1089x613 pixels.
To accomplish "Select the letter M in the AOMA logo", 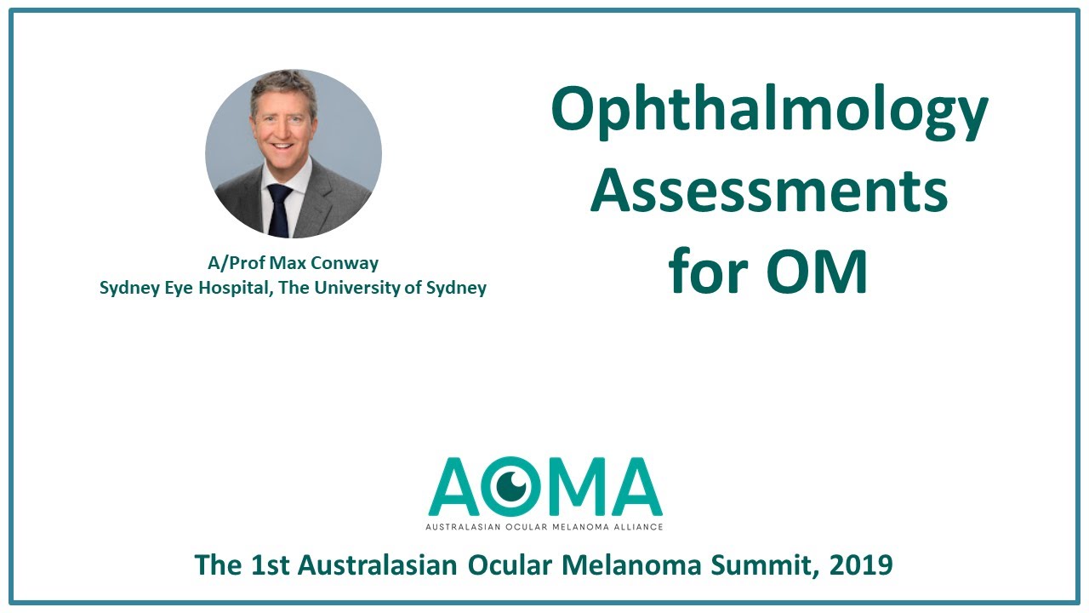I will point(573,487).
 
